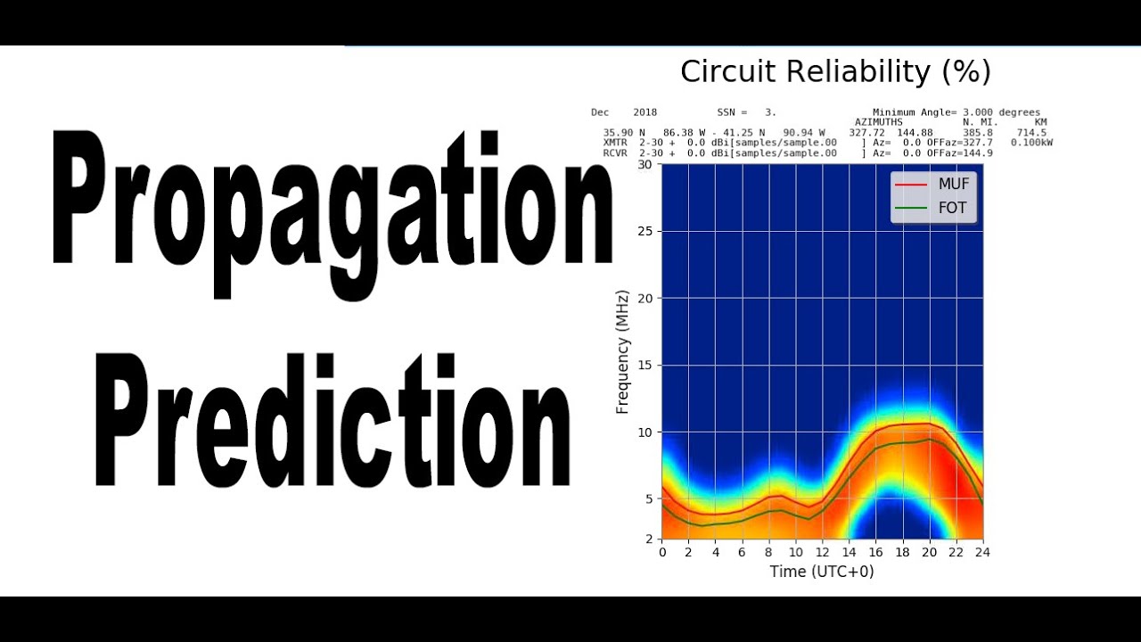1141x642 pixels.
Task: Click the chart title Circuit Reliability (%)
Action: coord(835,71)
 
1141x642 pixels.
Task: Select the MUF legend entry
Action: coord(953,185)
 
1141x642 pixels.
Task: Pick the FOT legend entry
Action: coord(952,210)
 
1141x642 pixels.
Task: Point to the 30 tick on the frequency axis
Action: coord(644,165)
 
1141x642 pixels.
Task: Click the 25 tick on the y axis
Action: coord(644,232)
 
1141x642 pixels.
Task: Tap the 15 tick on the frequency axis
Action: coord(644,366)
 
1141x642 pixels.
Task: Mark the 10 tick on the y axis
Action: coord(644,432)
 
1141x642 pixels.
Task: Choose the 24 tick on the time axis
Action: coord(982,553)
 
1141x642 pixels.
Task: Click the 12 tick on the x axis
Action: coord(822,553)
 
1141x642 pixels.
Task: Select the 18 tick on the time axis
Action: coord(902,553)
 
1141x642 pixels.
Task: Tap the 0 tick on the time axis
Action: coord(662,553)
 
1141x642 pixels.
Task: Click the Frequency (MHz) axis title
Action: coord(622,351)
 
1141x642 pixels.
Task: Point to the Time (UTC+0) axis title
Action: coord(822,572)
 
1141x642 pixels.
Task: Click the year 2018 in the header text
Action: coord(644,112)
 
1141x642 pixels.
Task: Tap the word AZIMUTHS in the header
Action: coord(878,122)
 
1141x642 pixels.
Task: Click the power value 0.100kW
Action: coord(1031,143)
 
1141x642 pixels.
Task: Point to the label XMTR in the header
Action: coord(615,143)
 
